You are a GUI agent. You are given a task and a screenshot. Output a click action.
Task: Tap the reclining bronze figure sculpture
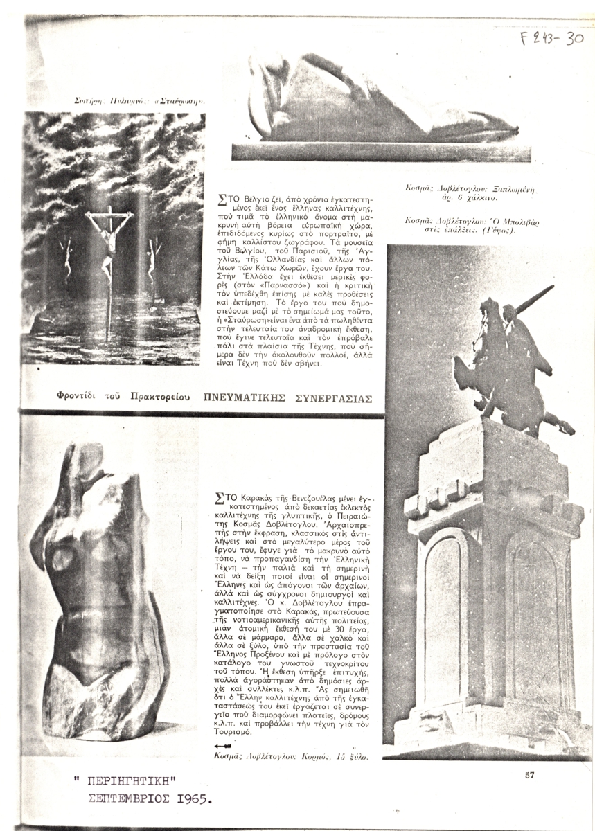pyautogui.click(x=374, y=111)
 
